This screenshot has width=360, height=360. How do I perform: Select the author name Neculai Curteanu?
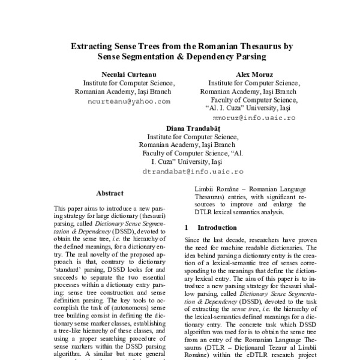point(125,73)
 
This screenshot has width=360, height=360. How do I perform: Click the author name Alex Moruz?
point(246,73)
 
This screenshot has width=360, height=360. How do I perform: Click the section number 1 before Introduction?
point(187,228)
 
